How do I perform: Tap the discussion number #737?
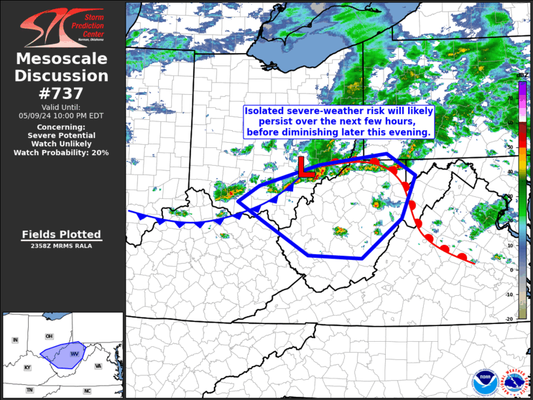click(x=61, y=93)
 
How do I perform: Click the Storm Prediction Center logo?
click(x=61, y=25)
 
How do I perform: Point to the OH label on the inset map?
click(x=49, y=336)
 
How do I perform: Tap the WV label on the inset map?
click(x=74, y=354)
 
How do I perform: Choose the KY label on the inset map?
click(x=27, y=368)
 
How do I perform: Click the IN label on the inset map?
click(x=14, y=340)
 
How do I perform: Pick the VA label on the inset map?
click(x=97, y=366)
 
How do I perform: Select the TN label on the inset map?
click(x=29, y=390)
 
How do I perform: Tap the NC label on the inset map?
click(x=86, y=391)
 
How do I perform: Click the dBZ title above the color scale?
click(x=521, y=76)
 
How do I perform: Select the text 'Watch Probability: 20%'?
click(x=61, y=153)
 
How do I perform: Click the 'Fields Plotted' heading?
click(x=61, y=234)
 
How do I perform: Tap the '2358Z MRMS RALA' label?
click(x=61, y=246)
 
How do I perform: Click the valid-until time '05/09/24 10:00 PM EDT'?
click(x=61, y=115)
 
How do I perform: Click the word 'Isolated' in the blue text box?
click(x=264, y=111)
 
